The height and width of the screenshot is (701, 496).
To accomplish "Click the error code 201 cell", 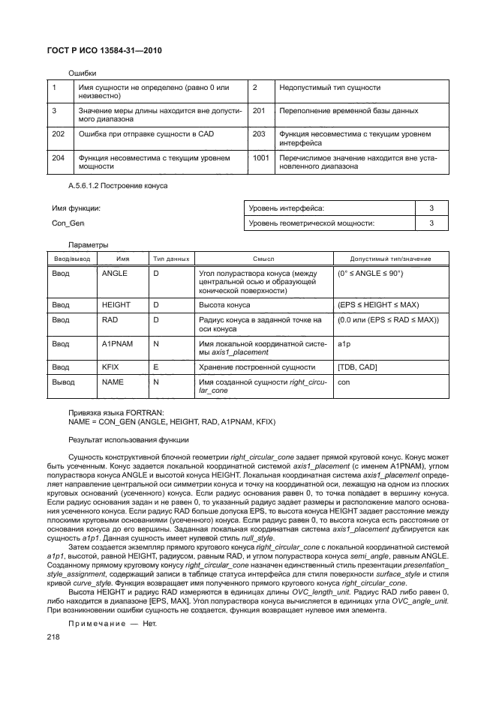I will click(260, 111).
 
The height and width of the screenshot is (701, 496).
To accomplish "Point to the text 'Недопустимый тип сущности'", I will click(326, 88).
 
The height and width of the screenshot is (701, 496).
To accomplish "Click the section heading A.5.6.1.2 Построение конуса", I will click(118, 185).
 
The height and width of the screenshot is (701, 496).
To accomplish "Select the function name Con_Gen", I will click(68, 223).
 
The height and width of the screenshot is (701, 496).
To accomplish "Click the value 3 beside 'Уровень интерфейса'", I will click(431, 208).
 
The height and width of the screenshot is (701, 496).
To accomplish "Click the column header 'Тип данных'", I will click(171, 258).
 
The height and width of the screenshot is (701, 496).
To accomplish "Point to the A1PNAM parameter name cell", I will click(117, 343).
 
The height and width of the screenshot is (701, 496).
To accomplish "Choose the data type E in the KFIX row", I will click(155, 367).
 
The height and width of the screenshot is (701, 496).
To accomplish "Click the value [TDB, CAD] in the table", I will click(358, 367).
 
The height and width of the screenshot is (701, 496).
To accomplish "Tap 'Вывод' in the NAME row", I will click(64, 382).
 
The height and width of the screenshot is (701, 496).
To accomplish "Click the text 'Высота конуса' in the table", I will click(224, 305).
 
